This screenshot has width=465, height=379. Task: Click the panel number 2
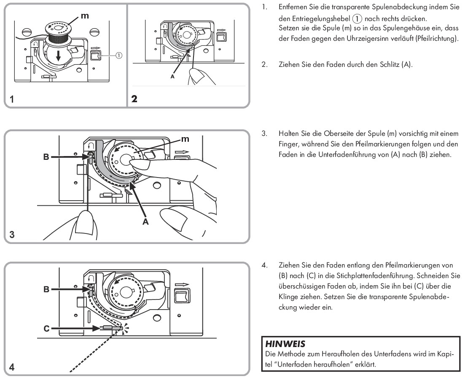(134, 100)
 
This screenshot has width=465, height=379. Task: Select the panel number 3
(12, 234)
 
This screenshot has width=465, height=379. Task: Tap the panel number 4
(12, 367)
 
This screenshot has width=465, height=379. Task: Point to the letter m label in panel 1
(84, 16)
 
